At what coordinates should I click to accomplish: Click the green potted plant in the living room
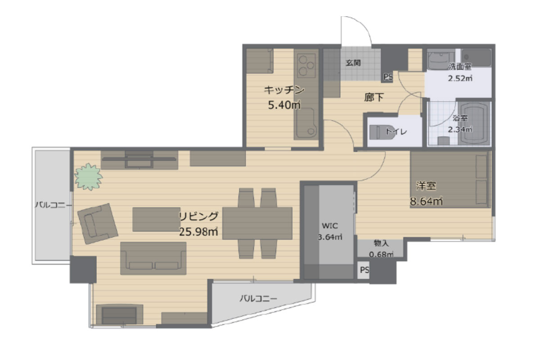[x=89, y=177]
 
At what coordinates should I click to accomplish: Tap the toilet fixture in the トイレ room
[x=382, y=132]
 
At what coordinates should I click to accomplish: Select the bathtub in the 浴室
[x=474, y=123]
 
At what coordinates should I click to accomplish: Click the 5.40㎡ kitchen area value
[x=284, y=105]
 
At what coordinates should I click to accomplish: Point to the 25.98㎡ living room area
[x=198, y=232]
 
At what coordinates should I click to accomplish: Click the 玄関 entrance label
[x=353, y=63]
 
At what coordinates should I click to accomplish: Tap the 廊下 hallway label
[x=373, y=97]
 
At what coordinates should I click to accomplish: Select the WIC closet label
[x=330, y=226]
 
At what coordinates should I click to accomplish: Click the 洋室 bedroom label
[x=426, y=186]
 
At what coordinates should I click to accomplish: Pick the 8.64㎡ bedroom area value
[x=426, y=201]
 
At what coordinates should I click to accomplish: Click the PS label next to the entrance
[x=388, y=76]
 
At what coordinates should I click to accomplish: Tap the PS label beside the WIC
[x=364, y=270]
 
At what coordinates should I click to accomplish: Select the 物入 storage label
[x=381, y=243]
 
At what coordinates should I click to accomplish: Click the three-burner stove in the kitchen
[x=306, y=65]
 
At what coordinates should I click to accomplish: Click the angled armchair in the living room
[x=98, y=224]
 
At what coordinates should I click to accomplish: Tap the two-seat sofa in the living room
[x=153, y=258]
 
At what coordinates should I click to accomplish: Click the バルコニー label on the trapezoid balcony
[x=258, y=299]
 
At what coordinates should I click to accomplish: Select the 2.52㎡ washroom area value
[x=460, y=78]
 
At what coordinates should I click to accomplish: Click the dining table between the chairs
[x=257, y=223]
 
